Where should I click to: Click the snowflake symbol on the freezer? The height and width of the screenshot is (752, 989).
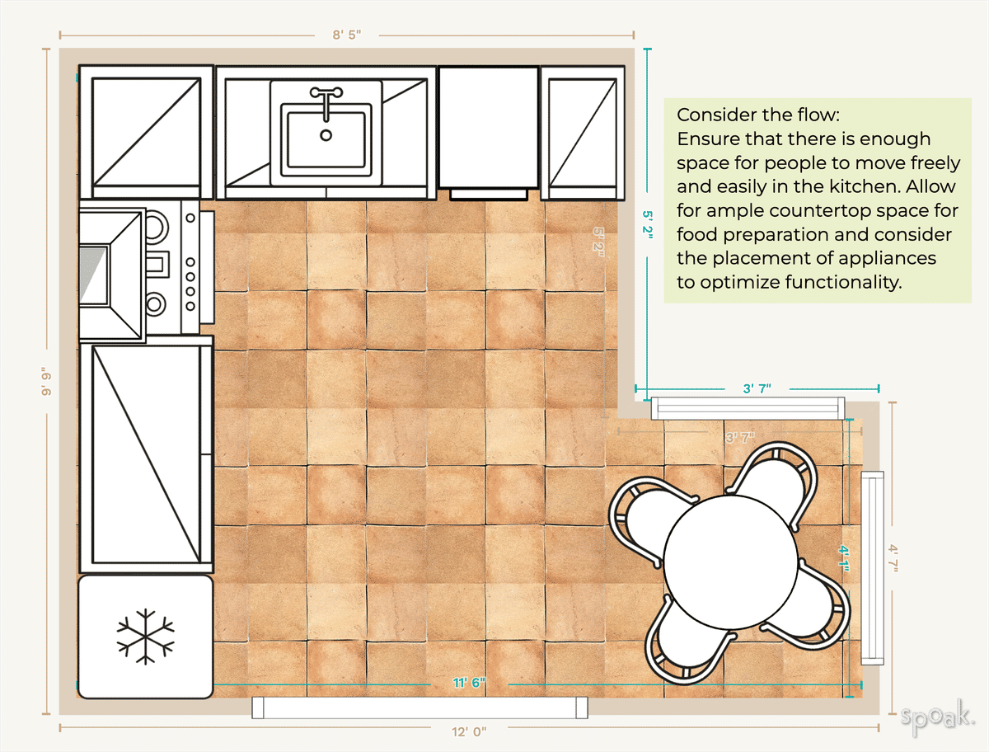tap(145, 637)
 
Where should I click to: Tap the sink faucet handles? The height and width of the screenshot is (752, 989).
tap(326, 93)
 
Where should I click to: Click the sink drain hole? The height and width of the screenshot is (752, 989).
tap(326, 134)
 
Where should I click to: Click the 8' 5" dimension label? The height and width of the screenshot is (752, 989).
tap(347, 35)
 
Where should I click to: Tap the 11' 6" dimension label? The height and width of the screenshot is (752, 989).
tap(469, 683)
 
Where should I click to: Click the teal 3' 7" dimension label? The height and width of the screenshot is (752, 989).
tap(756, 388)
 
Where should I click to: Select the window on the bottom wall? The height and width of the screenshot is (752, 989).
tap(420, 707)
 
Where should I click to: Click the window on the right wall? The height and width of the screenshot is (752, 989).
tap(873, 567)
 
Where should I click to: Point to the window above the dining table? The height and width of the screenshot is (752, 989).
tap(748, 408)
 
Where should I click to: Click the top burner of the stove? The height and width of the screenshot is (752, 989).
tap(156, 224)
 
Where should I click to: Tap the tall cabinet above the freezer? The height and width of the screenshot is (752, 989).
tap(146, 456)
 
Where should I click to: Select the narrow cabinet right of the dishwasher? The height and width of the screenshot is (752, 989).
tap(583, 132)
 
